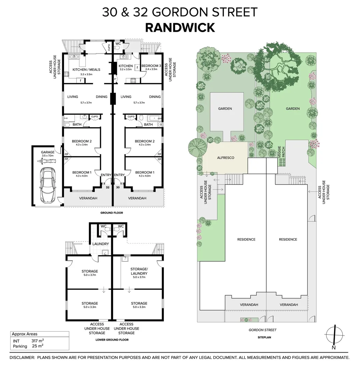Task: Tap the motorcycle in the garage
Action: click(46, 160)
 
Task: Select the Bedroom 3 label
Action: click(151, 66)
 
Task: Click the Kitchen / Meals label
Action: click(86, 69)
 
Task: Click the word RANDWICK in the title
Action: click(180, 27)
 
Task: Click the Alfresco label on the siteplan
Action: click(225, 158)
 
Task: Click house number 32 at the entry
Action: click(107, 187)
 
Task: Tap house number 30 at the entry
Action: click(118, 187)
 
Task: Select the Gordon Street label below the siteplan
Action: click(263, 330)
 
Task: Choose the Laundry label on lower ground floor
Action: click(101, 244)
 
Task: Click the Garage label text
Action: click(48, 152)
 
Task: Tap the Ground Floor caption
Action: click(111, 213)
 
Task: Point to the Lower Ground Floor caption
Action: click(111, 340)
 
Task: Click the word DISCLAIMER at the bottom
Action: click(22, 357)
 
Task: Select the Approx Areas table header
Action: click(25, 334)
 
